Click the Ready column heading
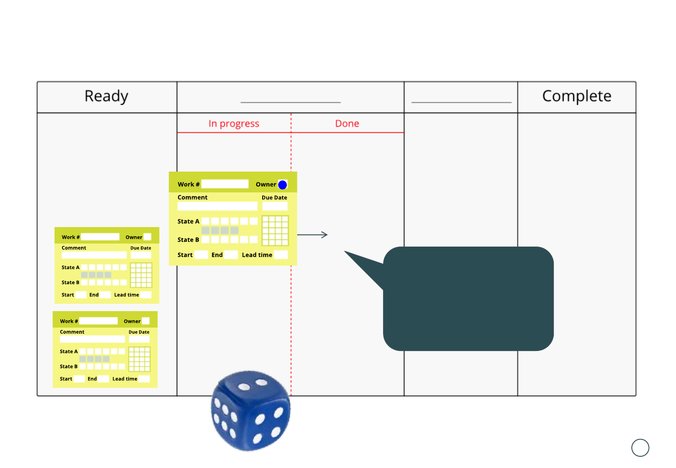[106, 96]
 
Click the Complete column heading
[576, 96]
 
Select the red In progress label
[234, 124]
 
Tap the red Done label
[347, 124]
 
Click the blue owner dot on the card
[283, 185]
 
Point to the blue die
[250, 411]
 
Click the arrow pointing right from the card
[312, 235]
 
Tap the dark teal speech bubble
[468, 299]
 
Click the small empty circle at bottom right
[640, 448]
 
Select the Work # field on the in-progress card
[225, 184]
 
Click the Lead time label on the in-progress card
[257, 255]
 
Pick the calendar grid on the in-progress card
[275, 231]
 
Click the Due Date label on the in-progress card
[274, 198]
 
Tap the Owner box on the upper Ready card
[147, 237]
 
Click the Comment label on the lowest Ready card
[72, 332]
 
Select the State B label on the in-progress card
[188, 240]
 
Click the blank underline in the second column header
[290, 102]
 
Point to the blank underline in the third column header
[461, 102]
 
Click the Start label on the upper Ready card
[68, 295]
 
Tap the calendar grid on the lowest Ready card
[140, 359]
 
